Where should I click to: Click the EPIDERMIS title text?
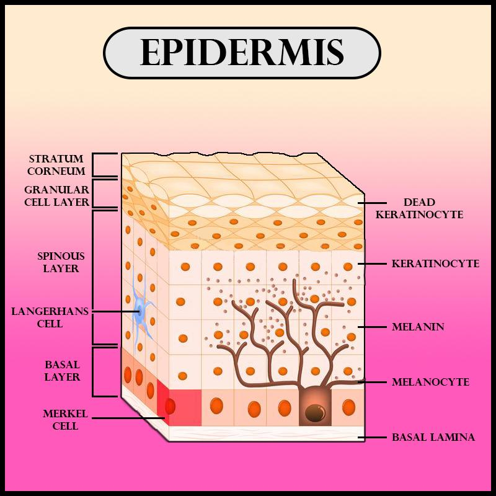[x=241, y=53]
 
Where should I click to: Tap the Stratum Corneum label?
[x=56, y=165]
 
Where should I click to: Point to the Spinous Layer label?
[x=61, y=262]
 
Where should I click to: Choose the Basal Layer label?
[x=62, y=370]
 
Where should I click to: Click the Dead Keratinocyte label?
[x=428, y=208]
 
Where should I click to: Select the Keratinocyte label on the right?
[x=435, y=263]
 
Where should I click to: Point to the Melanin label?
[x=418, y=326]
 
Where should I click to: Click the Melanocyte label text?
[x=430, y=382]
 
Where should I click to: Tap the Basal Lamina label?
[x=433, y=437]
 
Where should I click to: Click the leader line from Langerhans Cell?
[x=115, y=311]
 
